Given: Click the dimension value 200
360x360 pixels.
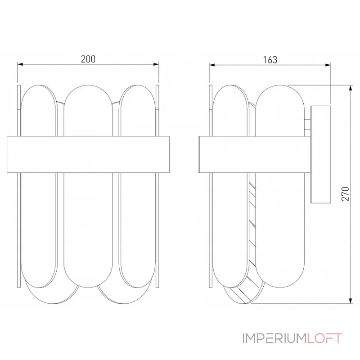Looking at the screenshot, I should (88, 59).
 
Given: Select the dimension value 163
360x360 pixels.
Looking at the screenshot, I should (270, 59).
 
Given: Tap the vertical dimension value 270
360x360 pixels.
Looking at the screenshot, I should (345, 194).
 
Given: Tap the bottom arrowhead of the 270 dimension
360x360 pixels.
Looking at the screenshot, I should (350, 300).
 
